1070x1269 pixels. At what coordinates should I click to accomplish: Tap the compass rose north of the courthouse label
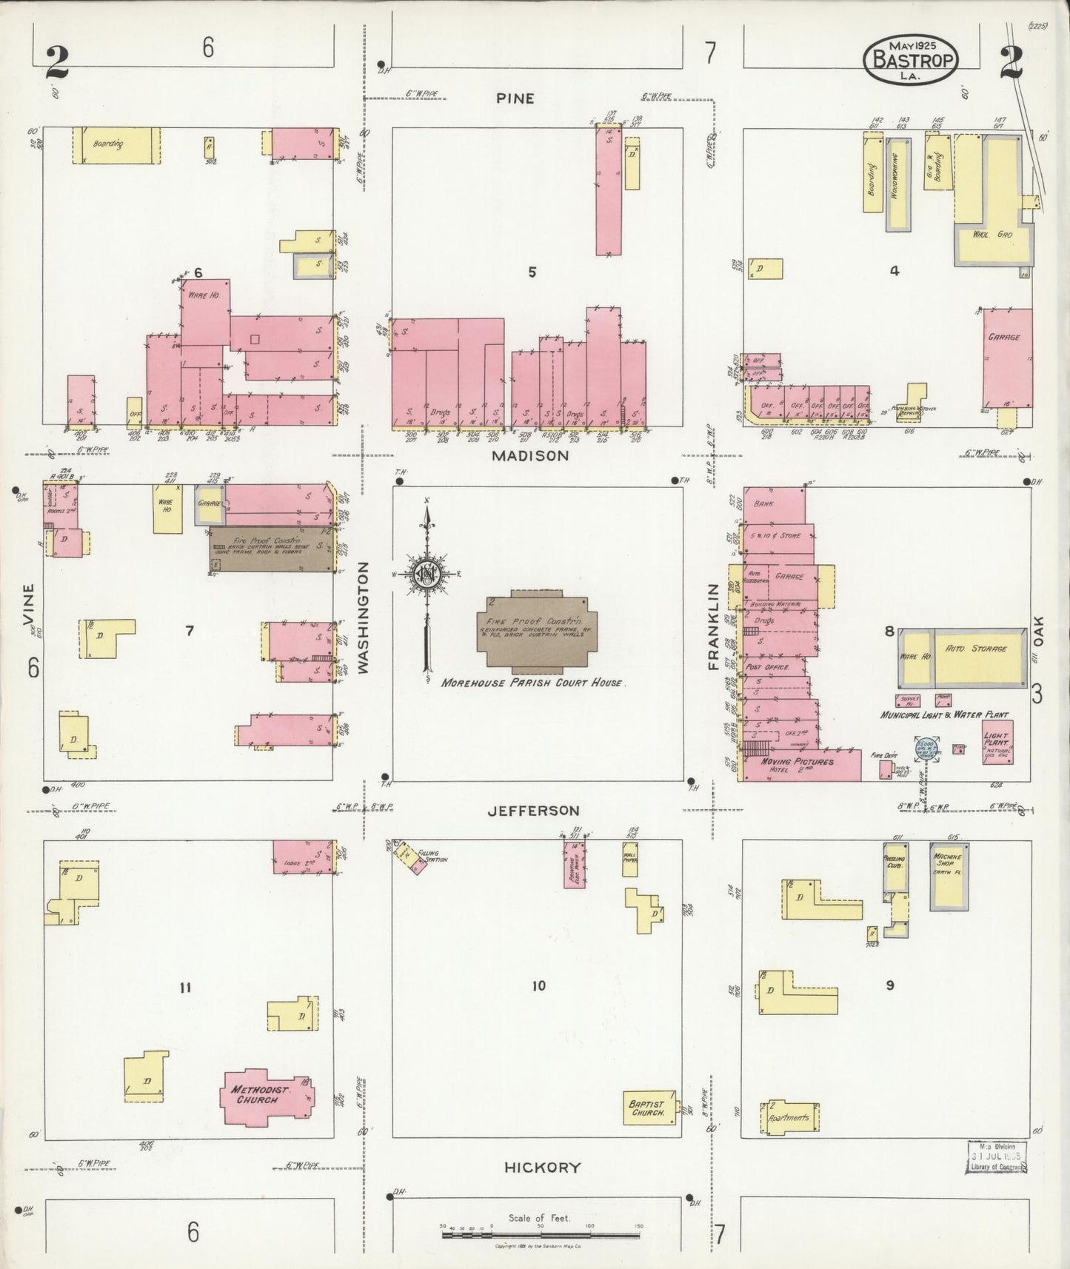427,575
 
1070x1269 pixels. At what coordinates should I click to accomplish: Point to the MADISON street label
531,456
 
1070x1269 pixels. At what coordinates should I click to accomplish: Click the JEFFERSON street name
533,811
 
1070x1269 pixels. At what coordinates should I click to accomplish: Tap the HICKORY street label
542,1168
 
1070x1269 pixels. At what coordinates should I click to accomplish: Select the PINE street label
515,98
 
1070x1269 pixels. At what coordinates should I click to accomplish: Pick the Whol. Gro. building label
993,234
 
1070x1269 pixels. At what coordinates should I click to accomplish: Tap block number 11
185,987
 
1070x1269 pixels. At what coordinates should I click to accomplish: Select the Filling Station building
410,860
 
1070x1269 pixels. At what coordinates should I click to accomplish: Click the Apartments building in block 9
790,1117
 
